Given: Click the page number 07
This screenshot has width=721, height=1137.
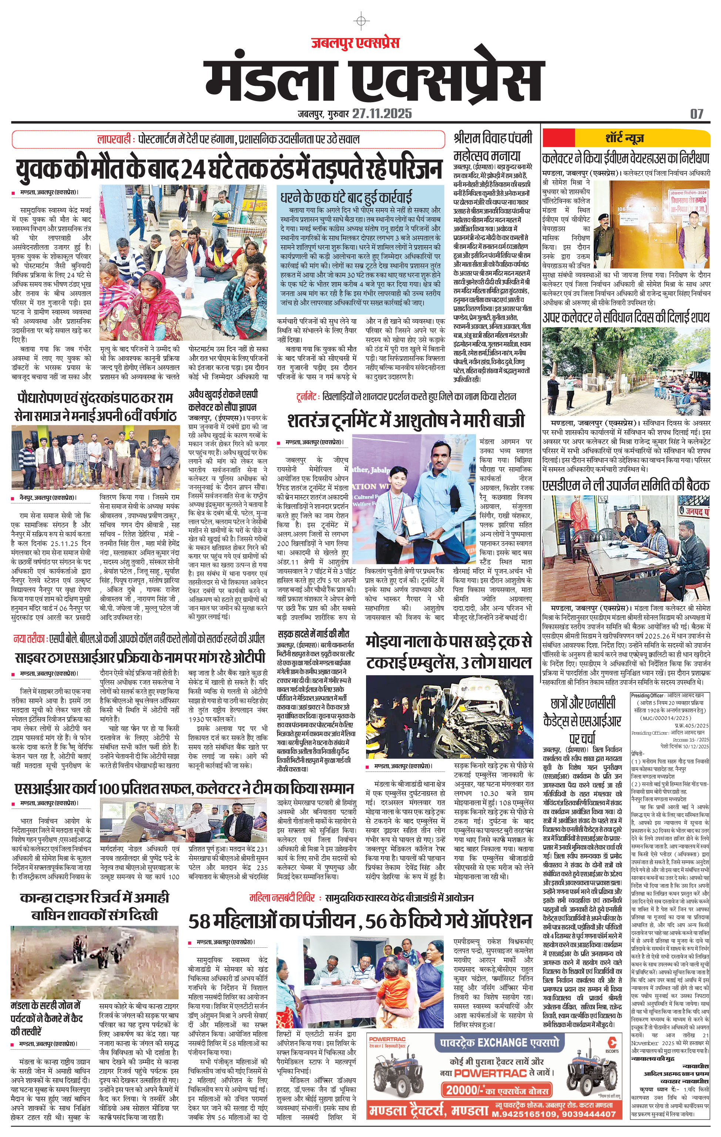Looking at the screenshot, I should [x=697, y=114].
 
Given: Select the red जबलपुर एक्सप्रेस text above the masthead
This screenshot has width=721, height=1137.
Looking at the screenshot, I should [x=355, y=43].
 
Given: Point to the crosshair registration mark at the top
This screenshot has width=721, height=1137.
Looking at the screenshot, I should [x=361, y=21].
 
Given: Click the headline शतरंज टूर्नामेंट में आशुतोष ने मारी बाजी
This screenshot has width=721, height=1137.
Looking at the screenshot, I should [x=406, y=420].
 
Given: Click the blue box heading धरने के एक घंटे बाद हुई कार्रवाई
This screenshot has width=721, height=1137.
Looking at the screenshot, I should [x=346, y=197].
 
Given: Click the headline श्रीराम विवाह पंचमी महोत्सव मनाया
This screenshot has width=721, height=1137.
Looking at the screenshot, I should [x=493, y=146].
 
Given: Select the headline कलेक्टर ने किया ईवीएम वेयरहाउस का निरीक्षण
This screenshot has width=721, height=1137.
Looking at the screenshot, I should [x=626, y=158].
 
